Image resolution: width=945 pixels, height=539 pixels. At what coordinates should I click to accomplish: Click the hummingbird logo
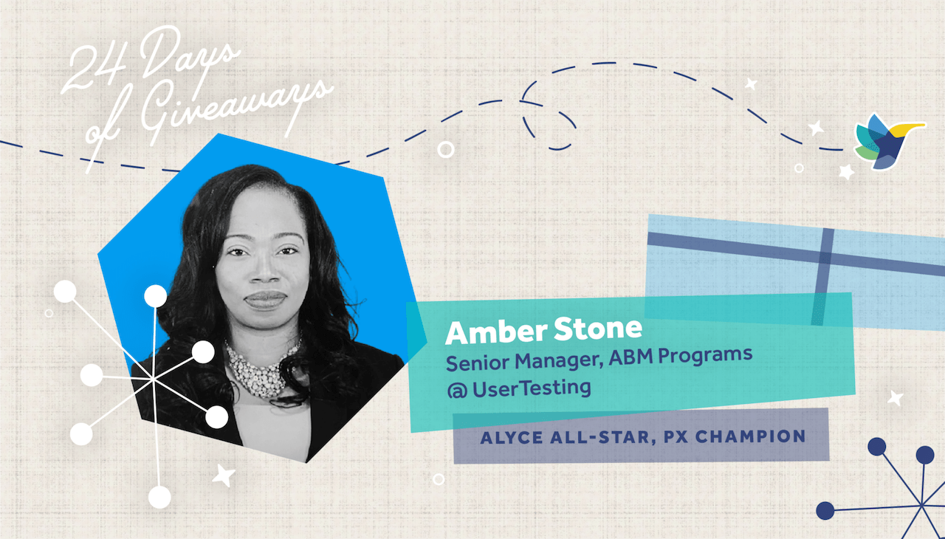tap(885, 142)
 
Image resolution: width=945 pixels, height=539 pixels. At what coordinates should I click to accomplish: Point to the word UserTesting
tap(532, 388)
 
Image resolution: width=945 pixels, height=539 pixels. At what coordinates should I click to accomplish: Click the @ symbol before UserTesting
tap(457, 391)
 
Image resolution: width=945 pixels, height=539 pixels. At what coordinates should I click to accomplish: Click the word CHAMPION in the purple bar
tap(751, 436)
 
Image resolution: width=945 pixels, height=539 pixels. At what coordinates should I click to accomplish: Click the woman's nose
tap(264, 270)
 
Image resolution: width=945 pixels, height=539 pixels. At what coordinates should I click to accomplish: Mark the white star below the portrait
tap(223, 476)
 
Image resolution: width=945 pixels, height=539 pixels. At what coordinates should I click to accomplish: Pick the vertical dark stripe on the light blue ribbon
tap(823, 277)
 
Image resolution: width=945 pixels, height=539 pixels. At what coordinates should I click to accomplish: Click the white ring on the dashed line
tap(445, 149)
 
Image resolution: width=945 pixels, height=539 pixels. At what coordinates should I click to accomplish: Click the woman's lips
tap(265, 300)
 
